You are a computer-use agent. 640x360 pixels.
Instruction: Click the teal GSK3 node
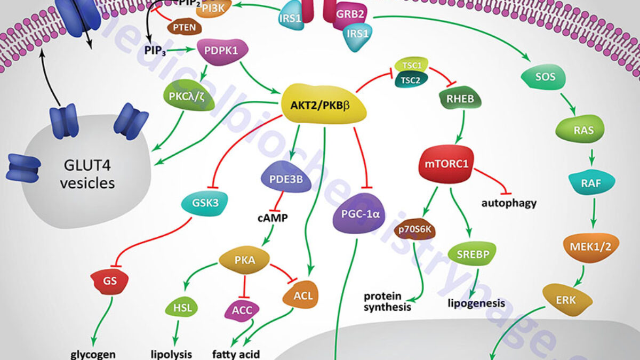[204, 202]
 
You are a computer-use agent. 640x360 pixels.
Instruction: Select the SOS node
[545, 77]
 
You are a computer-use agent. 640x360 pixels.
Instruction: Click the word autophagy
[508, 203]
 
